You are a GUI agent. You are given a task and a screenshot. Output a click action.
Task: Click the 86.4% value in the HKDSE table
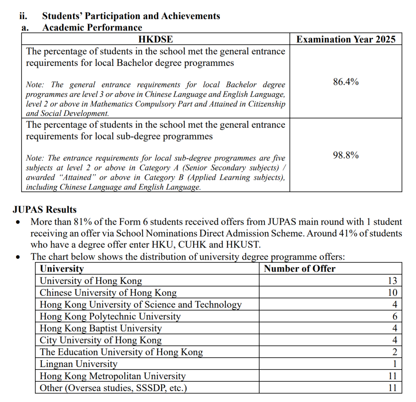[346, 82]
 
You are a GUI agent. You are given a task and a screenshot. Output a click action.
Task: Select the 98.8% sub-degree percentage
[346, 155]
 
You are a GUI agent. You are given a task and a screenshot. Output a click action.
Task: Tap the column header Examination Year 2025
[346, 39]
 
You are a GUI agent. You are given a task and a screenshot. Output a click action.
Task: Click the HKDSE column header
[155, 39]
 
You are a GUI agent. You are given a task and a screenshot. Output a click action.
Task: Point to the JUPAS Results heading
[45, 210]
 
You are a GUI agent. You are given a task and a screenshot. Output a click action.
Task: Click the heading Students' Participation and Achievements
[131, 16]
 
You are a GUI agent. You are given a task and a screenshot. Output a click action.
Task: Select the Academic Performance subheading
[92, 28]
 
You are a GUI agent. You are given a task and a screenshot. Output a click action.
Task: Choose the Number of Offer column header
[300, 269]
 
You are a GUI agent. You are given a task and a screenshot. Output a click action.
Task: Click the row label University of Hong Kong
[91, 280]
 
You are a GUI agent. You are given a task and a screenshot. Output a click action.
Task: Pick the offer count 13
[392, 281]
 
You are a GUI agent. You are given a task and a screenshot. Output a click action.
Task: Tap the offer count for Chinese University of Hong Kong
[392, 293]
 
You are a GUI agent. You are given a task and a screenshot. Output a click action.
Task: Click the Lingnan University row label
[78, 364]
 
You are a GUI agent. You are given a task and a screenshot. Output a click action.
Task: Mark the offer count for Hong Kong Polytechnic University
[394, 317]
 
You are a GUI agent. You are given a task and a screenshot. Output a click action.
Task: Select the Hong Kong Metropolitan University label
[113, 376]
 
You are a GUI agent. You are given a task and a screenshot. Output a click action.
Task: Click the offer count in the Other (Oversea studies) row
[392, 388]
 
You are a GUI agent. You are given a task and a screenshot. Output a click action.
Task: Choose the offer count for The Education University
[394, 352]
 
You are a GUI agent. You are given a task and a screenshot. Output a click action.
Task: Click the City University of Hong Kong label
[101, 340]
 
